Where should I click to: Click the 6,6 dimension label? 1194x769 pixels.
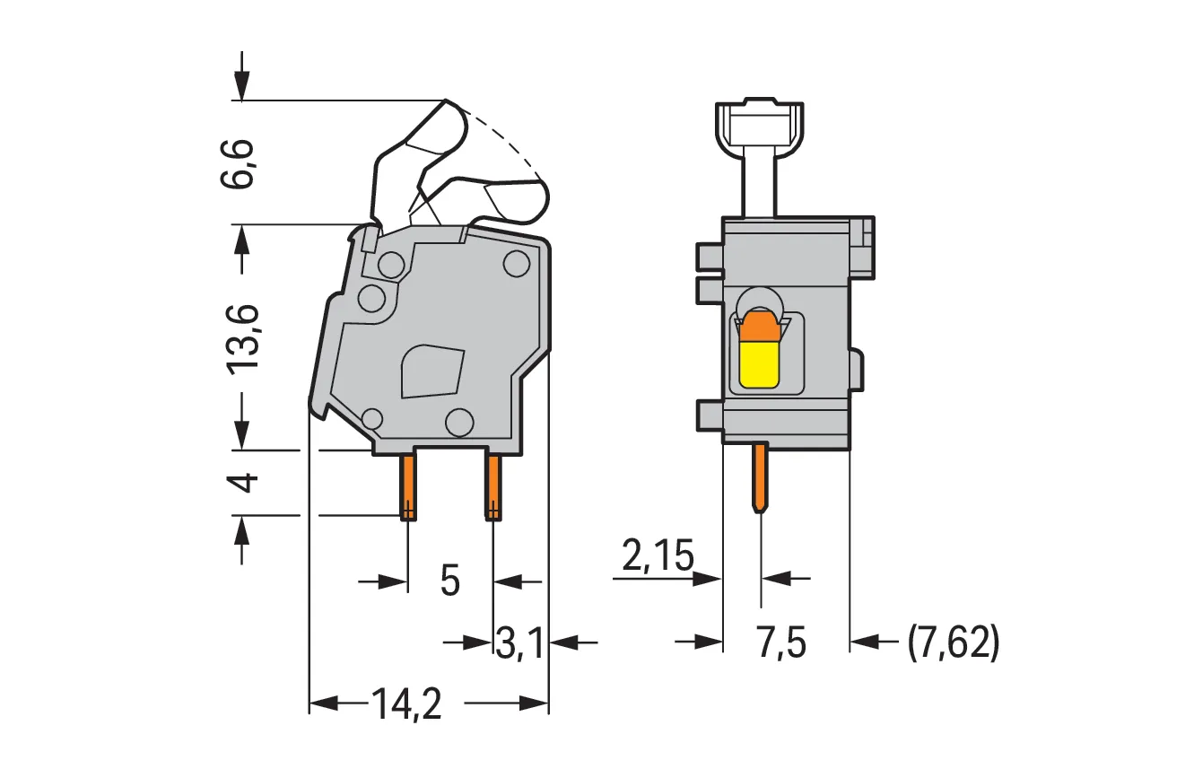point(237,163)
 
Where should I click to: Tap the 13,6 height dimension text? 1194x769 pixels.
point(241,339)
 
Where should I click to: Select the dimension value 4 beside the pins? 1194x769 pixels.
point(242,483)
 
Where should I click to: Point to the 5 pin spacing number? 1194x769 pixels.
point(450,581)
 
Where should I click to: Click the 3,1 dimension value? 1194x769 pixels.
point(519,643)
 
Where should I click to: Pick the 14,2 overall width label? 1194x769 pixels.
point(406,703)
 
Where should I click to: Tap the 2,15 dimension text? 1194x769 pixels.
point(658,555)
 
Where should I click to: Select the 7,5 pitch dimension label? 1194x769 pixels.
point(780,643)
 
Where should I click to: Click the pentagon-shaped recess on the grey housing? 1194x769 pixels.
point(431,371)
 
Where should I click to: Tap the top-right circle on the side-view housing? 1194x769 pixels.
point(517,264)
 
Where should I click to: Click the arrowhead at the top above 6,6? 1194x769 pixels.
point(241,86)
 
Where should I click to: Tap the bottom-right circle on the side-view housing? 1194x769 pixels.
point(459,423)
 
